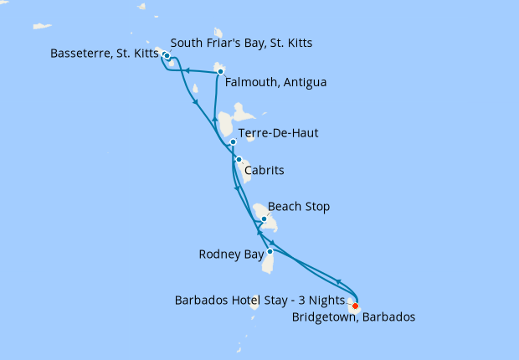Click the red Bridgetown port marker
coord(355,306)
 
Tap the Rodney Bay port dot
coord(270,251)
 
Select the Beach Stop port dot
coord(264,219)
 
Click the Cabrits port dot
coord(239,159)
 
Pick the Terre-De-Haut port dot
coord(233,142)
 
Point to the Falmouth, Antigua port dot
coord(220,72)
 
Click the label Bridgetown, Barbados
coord(352,317)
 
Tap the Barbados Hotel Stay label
coord(257,300)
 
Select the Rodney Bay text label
coord(231,254)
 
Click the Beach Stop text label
coord(299,206)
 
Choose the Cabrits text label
coord(264,170)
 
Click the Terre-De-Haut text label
coord(278,133)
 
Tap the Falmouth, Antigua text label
coord(275,83)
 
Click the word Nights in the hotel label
coord(321,300)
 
